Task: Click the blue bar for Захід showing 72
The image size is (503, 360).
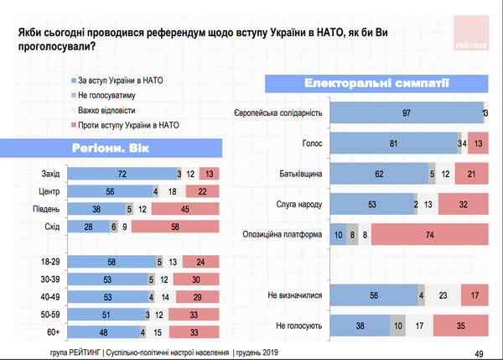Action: click(121, 174)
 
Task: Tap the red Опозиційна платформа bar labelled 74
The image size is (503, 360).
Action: click(429, 235)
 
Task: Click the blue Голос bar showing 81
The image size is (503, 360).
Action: click(393, 143)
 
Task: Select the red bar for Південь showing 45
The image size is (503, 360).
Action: click(183, 208)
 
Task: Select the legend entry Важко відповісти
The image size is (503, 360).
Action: click(106, 110)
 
